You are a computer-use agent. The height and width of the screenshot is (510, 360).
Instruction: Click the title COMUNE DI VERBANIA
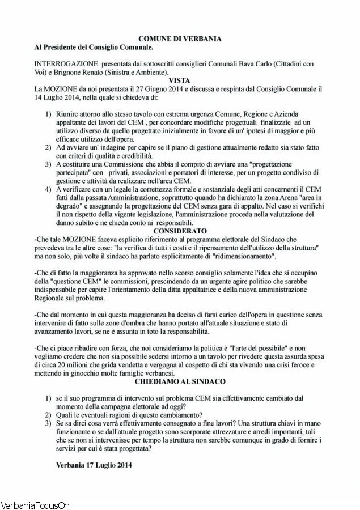(180, 38)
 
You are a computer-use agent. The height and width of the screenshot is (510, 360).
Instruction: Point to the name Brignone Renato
(78, 73)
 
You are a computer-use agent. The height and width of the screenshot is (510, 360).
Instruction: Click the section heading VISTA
(180, 81)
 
